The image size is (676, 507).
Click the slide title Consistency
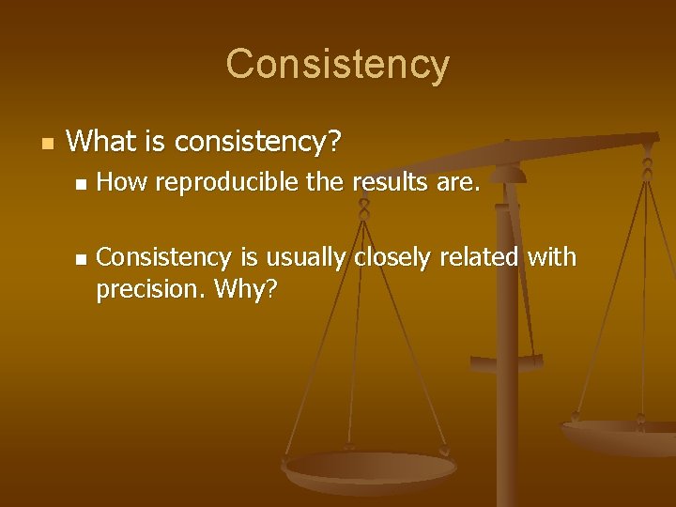coord(338,65)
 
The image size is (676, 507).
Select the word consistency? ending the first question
coord(258,143)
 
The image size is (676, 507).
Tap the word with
coord(552,257)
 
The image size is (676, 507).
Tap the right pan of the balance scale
coord(624,434)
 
